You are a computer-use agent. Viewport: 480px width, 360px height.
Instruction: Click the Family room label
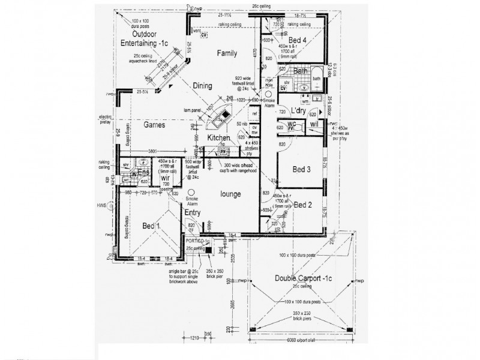227,53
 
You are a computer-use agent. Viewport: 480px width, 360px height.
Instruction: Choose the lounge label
230,194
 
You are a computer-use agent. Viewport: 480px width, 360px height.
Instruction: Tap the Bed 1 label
151,226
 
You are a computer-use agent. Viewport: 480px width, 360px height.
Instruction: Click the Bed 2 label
303,205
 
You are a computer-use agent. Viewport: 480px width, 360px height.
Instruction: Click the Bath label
301,71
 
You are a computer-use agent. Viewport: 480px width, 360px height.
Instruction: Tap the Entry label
193,213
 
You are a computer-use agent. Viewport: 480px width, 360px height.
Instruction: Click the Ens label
144,173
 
